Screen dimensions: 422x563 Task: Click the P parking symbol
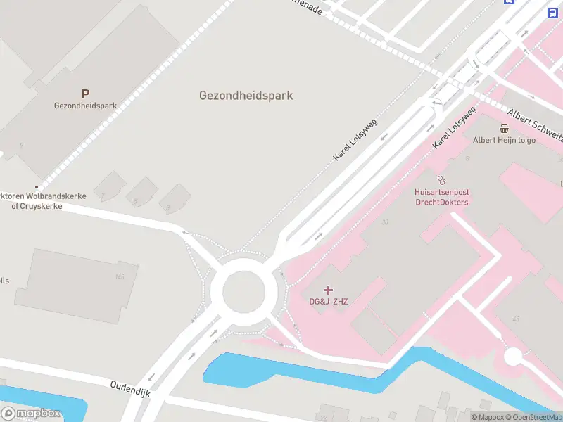pyautogui.click(x=86, y=93)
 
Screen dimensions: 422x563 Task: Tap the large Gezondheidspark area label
pyautogui.click(x=246, y=96)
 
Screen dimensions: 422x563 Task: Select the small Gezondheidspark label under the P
pyautogui.click(x=85, y=105)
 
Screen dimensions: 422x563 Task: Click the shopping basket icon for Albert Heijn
pyautogui.click(x=505, y=128)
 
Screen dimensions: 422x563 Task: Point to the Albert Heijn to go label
pyautogui.click(x=504, y=140)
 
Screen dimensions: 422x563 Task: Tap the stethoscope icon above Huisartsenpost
pyautogui.click(x=441, y=179)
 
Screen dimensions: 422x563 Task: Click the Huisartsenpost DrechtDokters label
pyautogui.click(x=441, y=197)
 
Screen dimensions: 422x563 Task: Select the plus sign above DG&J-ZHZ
pyautogui.click(x=329, y=290)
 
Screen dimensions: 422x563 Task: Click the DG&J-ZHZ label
pyautogui.click(x=329, y=302)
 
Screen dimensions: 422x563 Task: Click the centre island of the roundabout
pyautogui.click(x=243, y=291)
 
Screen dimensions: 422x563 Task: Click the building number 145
pyautogui.click(x=120, y=276)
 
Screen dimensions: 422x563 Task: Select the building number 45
pyautogui.click(x=516, y=319)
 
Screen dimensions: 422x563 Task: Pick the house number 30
pyautogui.click(x=384, y=222)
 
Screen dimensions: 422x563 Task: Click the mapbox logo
pyautogui.click(x=31, y=413)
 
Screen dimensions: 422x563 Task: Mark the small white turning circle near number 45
pyautogui.click(x=513, y=357)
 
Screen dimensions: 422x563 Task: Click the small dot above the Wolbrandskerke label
pyautogui.click(x=37, y=186)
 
